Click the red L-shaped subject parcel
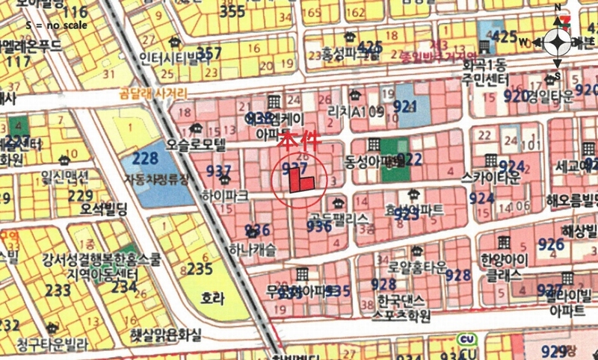click(300, 181)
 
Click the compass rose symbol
click(558, 43)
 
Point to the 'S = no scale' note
click(56, 25)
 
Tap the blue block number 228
click(144, 158)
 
